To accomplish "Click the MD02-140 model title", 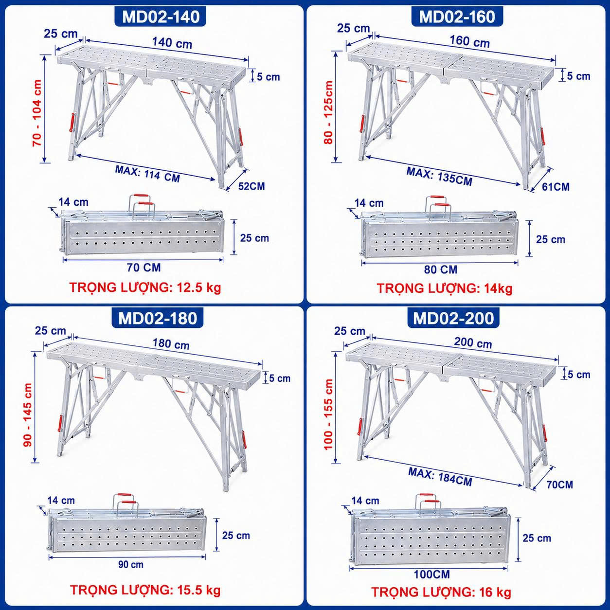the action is coord(161,17).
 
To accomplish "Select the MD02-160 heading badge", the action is coord(457,17).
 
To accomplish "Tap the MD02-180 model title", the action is coord(158,318).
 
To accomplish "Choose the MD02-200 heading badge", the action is coord(453,318).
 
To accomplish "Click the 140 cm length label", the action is coord(172,43).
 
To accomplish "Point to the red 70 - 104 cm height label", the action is coord(37,112).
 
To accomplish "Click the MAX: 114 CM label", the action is coord(147,174).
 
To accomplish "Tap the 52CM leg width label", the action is coord(251,186).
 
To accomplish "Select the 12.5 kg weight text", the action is coord(195,288).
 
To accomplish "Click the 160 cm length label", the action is coord(470,42).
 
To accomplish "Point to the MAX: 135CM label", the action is coord(439,177).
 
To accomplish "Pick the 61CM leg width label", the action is coord(556,187).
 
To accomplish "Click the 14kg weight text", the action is coord(498,288).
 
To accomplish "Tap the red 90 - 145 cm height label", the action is coord(28,414).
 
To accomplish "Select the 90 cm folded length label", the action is coord(131,564).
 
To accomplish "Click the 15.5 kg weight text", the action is coord(195,590).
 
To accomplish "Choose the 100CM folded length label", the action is coord(432,574).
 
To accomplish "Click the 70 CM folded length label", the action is coord(144,268).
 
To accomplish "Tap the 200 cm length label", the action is coord(473,343).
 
